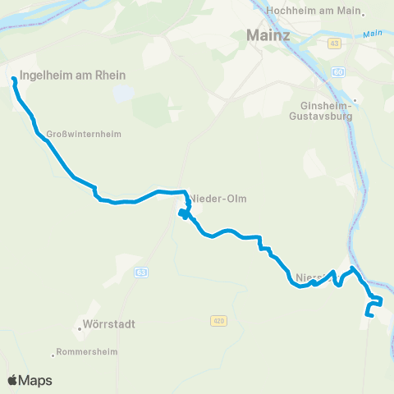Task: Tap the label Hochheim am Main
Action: [x=314, y=11]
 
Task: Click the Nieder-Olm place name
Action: [x=219, y=199]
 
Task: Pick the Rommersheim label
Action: [x=89, y=352]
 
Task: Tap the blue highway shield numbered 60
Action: [x=339, y=72]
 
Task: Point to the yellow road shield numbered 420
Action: [x=218, y=320]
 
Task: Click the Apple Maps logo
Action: [x=30, y=380]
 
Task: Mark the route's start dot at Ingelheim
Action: [x=14, y=80]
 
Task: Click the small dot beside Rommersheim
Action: [x=55, y=355]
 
